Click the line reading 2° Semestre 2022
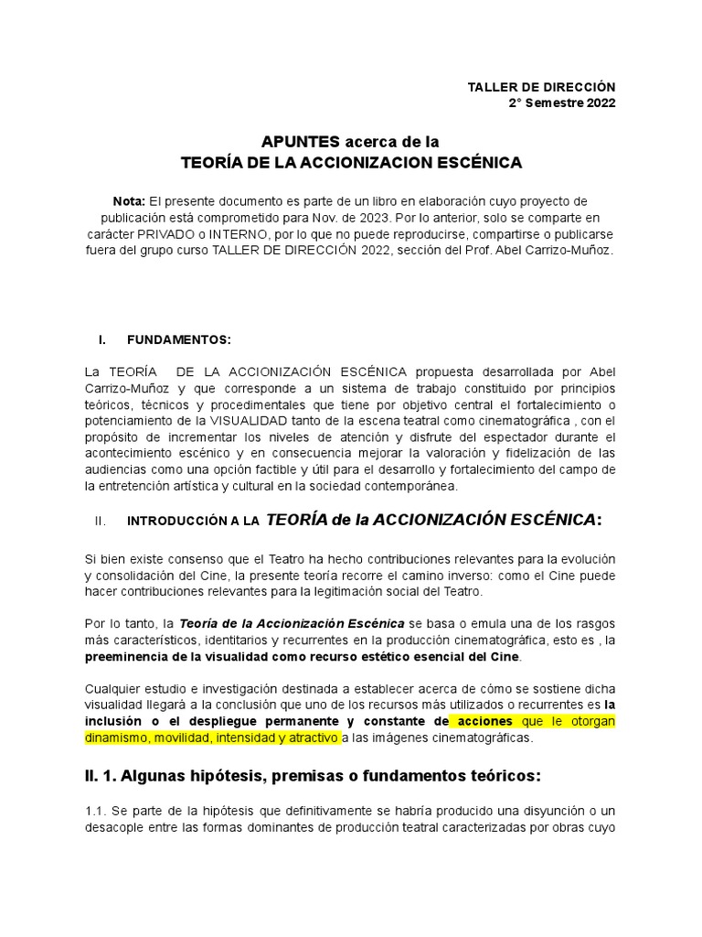[x=562, y=102]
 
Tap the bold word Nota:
[x=128, y=200]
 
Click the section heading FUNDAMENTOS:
[x=179, y=339]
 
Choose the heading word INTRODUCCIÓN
[x=172, y=521]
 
